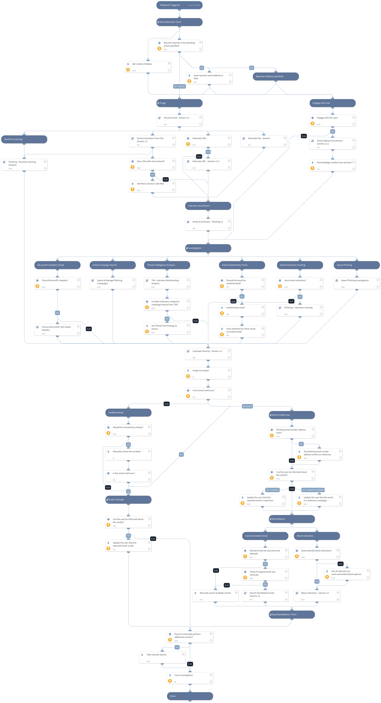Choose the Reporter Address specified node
[x=276, y=76]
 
